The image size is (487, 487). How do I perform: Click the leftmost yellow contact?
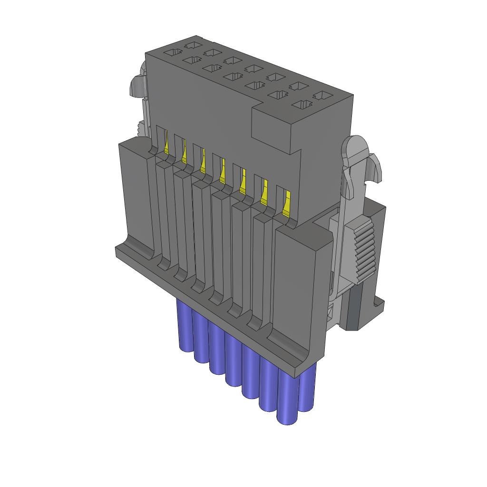pyautogui.click(x=167, y=145)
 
